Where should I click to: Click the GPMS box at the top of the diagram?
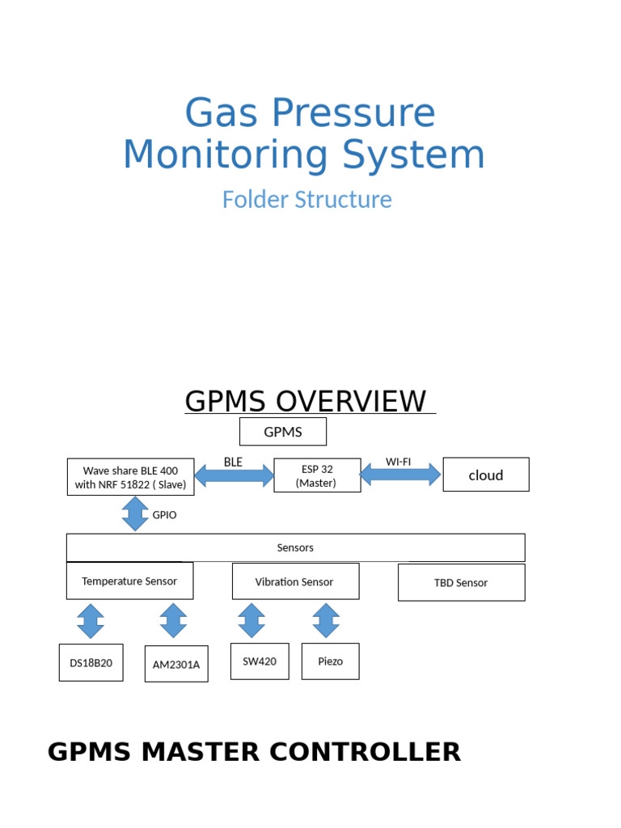[283, 432]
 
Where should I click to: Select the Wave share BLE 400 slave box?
[130, 477]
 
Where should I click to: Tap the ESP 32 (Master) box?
[316, 475]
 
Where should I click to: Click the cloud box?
[486, 475]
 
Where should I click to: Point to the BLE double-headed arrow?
[234, 475]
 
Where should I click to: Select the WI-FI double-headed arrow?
[400, 474]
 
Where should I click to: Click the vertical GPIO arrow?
[135, 513]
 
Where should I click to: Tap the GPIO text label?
[164, 514]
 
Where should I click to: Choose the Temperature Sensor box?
[129, 581]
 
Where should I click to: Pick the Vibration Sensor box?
[295, 582]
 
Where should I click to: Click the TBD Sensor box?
[461, 582]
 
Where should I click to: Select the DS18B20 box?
[91, 663]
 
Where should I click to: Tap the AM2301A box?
[176, 664]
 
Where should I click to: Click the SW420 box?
[260, 661]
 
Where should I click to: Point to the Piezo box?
[331, 661]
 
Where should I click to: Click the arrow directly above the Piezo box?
[326, 620]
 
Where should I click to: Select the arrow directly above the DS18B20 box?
[91, 621]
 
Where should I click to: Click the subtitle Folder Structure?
[307, 200]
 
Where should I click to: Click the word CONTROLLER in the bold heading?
[365, 752]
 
